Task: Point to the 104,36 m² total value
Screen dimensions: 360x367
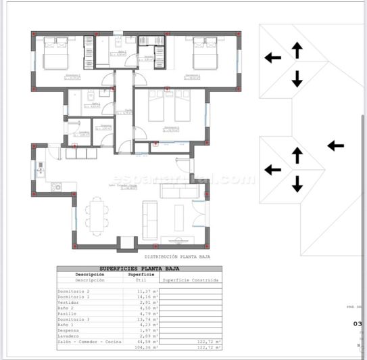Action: click(147, 348)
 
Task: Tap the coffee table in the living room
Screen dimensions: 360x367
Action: click(178, 215)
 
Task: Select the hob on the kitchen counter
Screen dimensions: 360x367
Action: click(55, 187)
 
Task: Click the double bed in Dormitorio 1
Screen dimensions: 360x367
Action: click(203, 54)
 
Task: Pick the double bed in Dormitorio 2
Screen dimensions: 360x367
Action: click(56, 54)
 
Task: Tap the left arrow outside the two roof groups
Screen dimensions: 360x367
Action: click(335, 145)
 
